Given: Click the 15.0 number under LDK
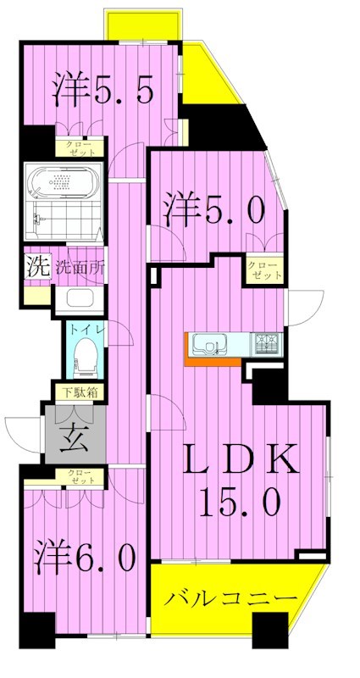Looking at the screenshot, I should pyautogui.click(x=240, y=503).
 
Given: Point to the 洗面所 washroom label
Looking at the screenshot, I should pyautogui.click(x=81, y=266).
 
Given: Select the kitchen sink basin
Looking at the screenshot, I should pyautogui.click(x=208, y=344).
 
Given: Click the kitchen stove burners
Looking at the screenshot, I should pyautogui.click(x=267, y=343).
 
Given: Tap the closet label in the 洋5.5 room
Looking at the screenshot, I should pyautogui.click(x=81, y=147).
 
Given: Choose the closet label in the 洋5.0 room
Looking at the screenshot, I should pyautogui.click(x=264, y=270).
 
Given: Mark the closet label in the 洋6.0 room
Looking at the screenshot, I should pyautogui.click(x=81, y=477).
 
